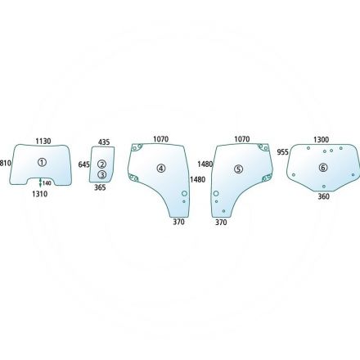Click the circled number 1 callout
pos(42,163)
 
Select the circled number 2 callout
pos(102,164)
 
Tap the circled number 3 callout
pos(102,174)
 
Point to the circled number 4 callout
pos(161,169)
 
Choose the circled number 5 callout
pos(238,169)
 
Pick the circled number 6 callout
pos(323,168)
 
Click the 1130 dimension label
pos(43,142)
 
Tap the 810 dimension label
pos(6,164)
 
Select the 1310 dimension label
pos(40,194)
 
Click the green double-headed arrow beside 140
pos(40,182)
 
